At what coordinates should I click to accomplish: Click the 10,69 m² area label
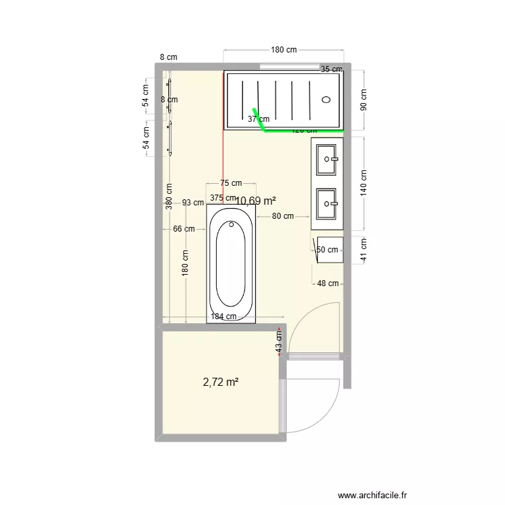tap(256, 201)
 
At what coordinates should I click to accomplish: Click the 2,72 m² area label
tap(221, 382)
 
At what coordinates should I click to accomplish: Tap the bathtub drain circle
tap(231, 224)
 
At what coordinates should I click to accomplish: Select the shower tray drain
tap(327, 100)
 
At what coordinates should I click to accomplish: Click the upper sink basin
tap(328, 159)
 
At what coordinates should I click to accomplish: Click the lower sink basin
tap(328, 201)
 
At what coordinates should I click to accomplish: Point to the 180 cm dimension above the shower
tap(283, 50)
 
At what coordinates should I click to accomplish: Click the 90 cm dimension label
tap(364, 100)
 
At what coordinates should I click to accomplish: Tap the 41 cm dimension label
tap(364, 249)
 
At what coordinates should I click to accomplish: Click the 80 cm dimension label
tap(283, 216)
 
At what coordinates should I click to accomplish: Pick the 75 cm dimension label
tap(230, 183)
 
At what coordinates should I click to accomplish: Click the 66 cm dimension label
tap(184, 229)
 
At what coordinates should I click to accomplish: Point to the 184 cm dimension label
tap(224, 316)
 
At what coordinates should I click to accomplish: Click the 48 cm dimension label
tap(328, 283)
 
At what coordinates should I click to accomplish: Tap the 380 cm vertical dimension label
tap(168, 197)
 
